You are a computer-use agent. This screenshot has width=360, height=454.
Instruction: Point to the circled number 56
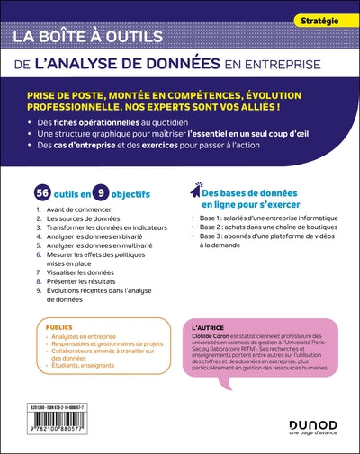click(x=40, y=193)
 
